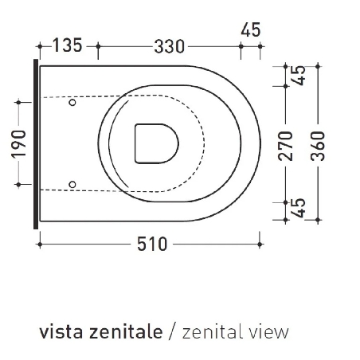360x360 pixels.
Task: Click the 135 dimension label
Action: click(68, 45)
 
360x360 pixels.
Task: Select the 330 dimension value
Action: click(169, 47)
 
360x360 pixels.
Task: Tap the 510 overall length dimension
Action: click(152, 245)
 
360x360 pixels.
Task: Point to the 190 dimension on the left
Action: click(19, 144)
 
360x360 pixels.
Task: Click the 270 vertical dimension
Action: click(285, 146)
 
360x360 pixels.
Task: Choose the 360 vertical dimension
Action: click(318, 146)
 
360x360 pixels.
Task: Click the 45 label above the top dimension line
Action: click(251, 29)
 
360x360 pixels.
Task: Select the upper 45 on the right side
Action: click(299, 76)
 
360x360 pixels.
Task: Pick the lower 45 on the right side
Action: click(299, 208)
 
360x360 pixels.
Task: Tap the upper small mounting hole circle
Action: click(72, 102)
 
